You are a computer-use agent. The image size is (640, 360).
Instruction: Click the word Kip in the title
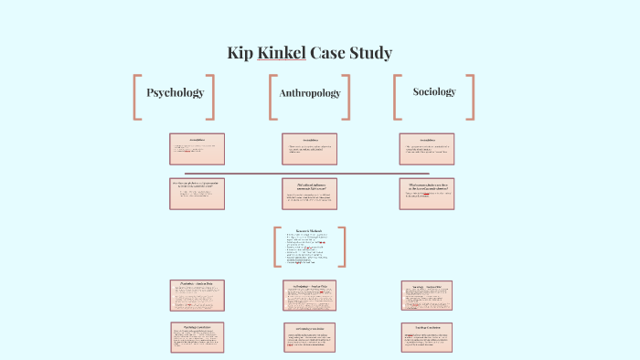point(240,52)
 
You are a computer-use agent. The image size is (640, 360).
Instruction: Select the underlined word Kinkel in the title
point(281,52)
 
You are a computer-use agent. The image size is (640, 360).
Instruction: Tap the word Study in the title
point(369,52)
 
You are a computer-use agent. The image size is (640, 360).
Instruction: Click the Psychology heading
point(175,92)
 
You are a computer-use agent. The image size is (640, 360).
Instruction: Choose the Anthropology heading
point(309,93)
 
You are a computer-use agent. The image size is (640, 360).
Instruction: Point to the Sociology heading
point(434,91)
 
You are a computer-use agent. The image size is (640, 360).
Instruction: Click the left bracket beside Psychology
point(138,97)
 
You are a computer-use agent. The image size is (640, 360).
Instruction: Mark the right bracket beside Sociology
point(470,97)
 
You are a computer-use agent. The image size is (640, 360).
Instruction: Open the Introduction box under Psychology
point(197,148)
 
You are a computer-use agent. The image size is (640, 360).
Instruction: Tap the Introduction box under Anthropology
point(309,148)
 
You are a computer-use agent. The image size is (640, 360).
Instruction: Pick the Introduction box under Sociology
point(426,148)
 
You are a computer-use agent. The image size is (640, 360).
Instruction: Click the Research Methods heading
point(310,231)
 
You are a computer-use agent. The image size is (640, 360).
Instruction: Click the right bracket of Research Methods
point(341,247)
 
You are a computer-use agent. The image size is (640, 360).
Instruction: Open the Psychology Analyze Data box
point(197,294)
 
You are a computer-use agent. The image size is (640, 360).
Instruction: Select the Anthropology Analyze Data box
point(309,294)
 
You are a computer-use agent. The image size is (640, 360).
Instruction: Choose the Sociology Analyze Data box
point(426,294)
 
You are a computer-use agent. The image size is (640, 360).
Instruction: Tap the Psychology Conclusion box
point(197,337)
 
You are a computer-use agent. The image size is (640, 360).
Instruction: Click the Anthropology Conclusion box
point(309,337)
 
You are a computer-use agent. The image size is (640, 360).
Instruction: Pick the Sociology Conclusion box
point(426,337)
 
